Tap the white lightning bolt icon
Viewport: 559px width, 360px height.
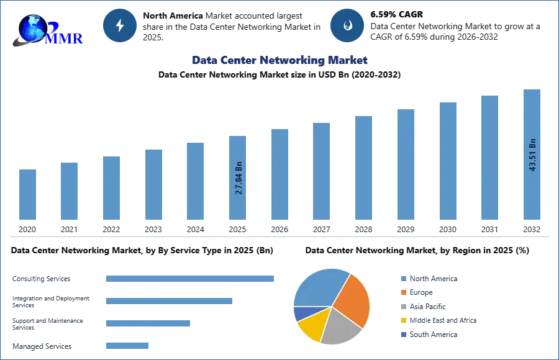click(120, 25)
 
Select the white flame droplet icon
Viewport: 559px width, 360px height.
click(347, 25)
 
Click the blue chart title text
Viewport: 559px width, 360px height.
click(279, 60)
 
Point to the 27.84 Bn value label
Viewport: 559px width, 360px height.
click(239, 178)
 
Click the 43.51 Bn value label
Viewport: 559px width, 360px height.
click(532, 155)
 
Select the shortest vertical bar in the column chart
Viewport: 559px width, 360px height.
click(27, 196)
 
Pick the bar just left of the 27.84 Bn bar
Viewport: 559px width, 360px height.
click(194, 181)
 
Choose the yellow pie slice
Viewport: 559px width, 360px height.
click(312, 326)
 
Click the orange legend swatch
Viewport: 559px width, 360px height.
click(402, 292)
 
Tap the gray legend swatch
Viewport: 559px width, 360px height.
click(402, 307)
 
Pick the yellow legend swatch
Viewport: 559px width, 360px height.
click(402, 320)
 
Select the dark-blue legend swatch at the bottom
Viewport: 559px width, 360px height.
click(402, 334)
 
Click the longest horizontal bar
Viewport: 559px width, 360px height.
click(191, 279)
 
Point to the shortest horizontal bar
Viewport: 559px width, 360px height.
click(127, 348)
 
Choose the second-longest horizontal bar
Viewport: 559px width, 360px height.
click(168, 302)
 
